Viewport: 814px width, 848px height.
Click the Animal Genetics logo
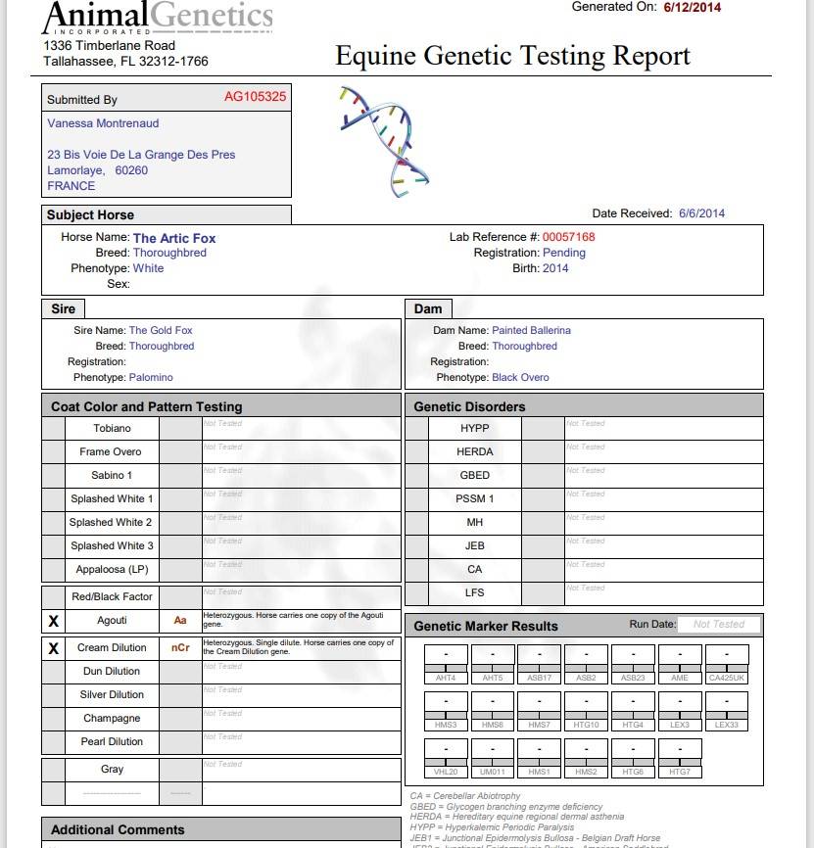pyautogui.click(x=158, y=18)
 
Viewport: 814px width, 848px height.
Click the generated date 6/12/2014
pyautogui.click(x=692, y=7)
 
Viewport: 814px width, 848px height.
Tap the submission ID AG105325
pyautogui.click(x=255, y=97)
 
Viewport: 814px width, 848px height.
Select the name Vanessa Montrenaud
pyautogui.click(x=103, y=123)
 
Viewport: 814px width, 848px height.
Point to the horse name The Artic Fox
pyautogui.click(x=174, y=238)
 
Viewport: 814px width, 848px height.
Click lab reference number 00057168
pyautogui.click(x=569, y=237)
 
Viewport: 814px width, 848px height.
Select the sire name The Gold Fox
pyautogui.click(x=161, y=331)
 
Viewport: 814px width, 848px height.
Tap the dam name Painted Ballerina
pyautogui.click(x=531, y=331)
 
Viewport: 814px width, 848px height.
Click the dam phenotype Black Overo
pyautogui.click(x=520, y=378)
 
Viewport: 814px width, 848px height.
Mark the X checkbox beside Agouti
pyautogui.click(x=54, y=621)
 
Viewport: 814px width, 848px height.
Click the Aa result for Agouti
pyautogui.click(x=180, y=621)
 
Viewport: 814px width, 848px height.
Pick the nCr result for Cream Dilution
pyautogui.click(x=180, y=648)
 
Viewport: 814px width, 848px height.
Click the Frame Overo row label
pyautogui.click(x=111, y=452)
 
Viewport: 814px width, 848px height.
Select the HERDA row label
pyautogui.click(x=474, y=452)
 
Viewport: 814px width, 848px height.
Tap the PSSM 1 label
pyautogui.click(x=474, y=499)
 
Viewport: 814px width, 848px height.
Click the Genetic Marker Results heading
pyautogui.click(x=486, y=627)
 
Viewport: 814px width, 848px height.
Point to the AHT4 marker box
pyautogui.click(x=446, y=664)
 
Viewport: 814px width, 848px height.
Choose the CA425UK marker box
pyautogui.click(x=727, y=664)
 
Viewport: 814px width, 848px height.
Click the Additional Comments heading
pyautogui.click(x=118, y=830)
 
